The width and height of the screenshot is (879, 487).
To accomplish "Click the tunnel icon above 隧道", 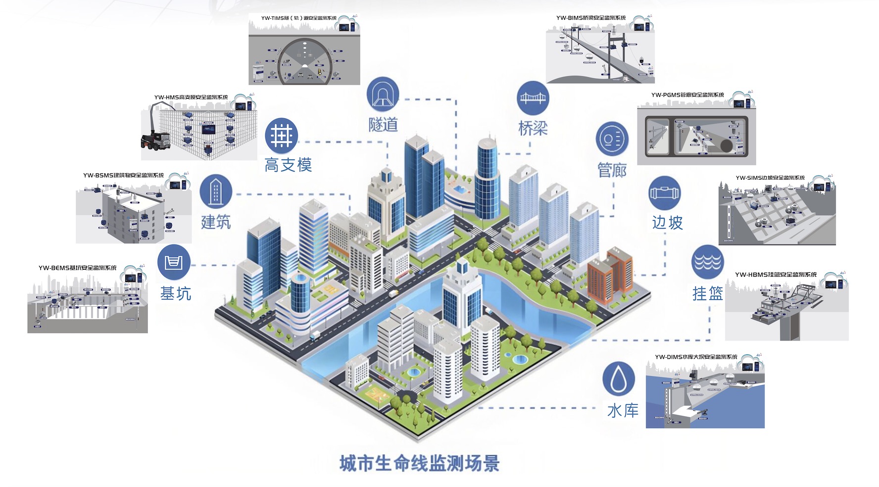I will coord(383,94).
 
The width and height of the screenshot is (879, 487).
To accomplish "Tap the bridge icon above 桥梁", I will coord(533,97).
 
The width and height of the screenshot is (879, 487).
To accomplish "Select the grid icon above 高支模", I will coord(281,135).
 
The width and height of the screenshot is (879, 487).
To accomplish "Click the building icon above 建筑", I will coord(216,191).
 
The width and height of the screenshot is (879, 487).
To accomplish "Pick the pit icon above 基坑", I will coord(174,262).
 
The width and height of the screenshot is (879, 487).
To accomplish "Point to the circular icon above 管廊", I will coord(612,139).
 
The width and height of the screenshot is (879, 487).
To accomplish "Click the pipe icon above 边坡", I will coord(665,193).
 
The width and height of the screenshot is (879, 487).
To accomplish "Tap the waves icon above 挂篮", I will coord(708,261).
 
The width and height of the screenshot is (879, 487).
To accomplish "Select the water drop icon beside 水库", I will coord(619,379).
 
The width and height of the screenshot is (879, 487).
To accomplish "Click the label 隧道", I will coord(383,124).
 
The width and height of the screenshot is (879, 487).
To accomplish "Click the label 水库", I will coord(623,410).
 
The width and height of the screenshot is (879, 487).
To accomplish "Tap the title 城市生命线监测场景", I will coord(419,464).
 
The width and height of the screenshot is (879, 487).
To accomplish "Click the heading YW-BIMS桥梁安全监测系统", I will coord(590,18).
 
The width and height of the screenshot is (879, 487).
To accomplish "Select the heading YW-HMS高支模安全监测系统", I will coord(191,97).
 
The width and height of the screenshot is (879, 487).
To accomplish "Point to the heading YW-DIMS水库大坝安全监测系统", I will coord(695,357).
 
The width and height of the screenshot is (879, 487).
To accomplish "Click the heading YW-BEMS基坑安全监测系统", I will coord(78,268).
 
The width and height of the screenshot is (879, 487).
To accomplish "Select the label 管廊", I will coord(612,170).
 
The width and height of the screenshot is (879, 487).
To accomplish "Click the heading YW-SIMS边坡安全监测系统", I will coord(770,178).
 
